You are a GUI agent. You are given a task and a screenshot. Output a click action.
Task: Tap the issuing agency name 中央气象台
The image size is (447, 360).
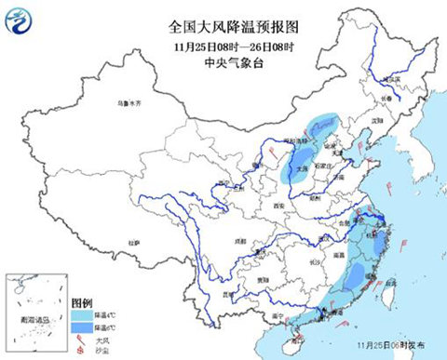coord(223,62)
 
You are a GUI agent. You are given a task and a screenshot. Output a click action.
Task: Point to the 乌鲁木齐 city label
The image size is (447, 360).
coord(128,105)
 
